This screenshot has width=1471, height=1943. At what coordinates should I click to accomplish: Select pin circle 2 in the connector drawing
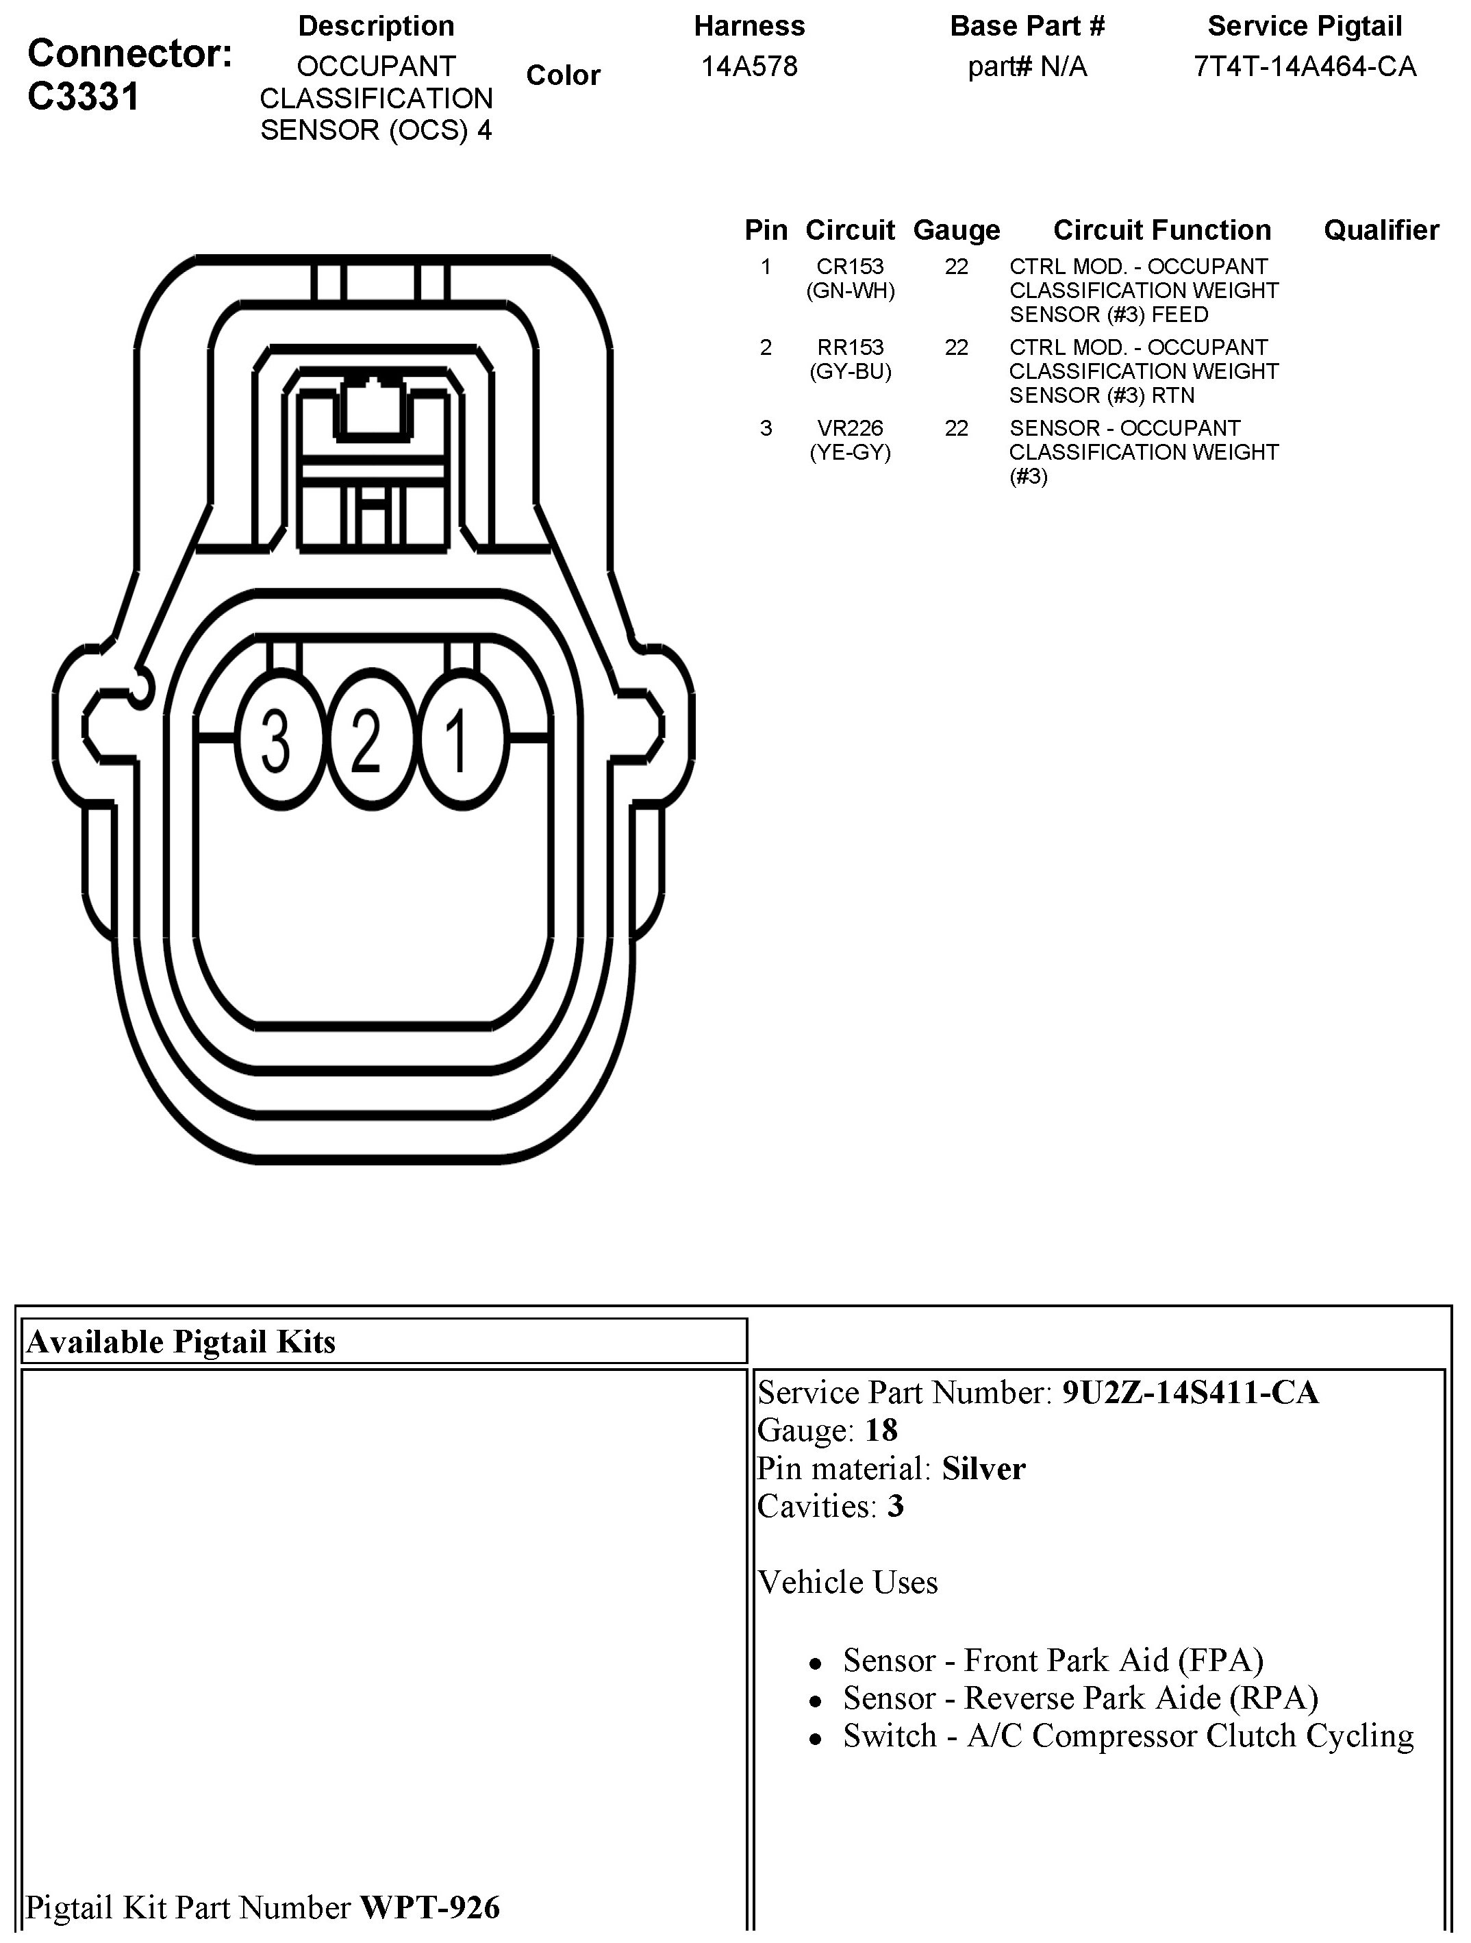click(367, 740)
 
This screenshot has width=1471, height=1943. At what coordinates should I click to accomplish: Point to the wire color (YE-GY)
click(849, 452)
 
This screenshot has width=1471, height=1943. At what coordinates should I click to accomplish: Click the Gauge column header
click(957, 230)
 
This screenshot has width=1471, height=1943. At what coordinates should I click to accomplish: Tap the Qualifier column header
click(1381, 230)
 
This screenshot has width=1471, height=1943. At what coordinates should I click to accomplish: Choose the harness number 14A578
click(749, 66)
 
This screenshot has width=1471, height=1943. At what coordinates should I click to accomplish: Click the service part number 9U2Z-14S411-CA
click(1190, 1393)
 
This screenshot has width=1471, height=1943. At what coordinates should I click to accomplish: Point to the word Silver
click(983, 1469)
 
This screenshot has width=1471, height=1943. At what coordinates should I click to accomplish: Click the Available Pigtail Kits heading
click(181, 1341)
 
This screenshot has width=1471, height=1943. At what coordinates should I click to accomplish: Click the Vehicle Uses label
click(848, 1582)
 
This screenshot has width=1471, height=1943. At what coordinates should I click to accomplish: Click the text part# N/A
click(1027, 66)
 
